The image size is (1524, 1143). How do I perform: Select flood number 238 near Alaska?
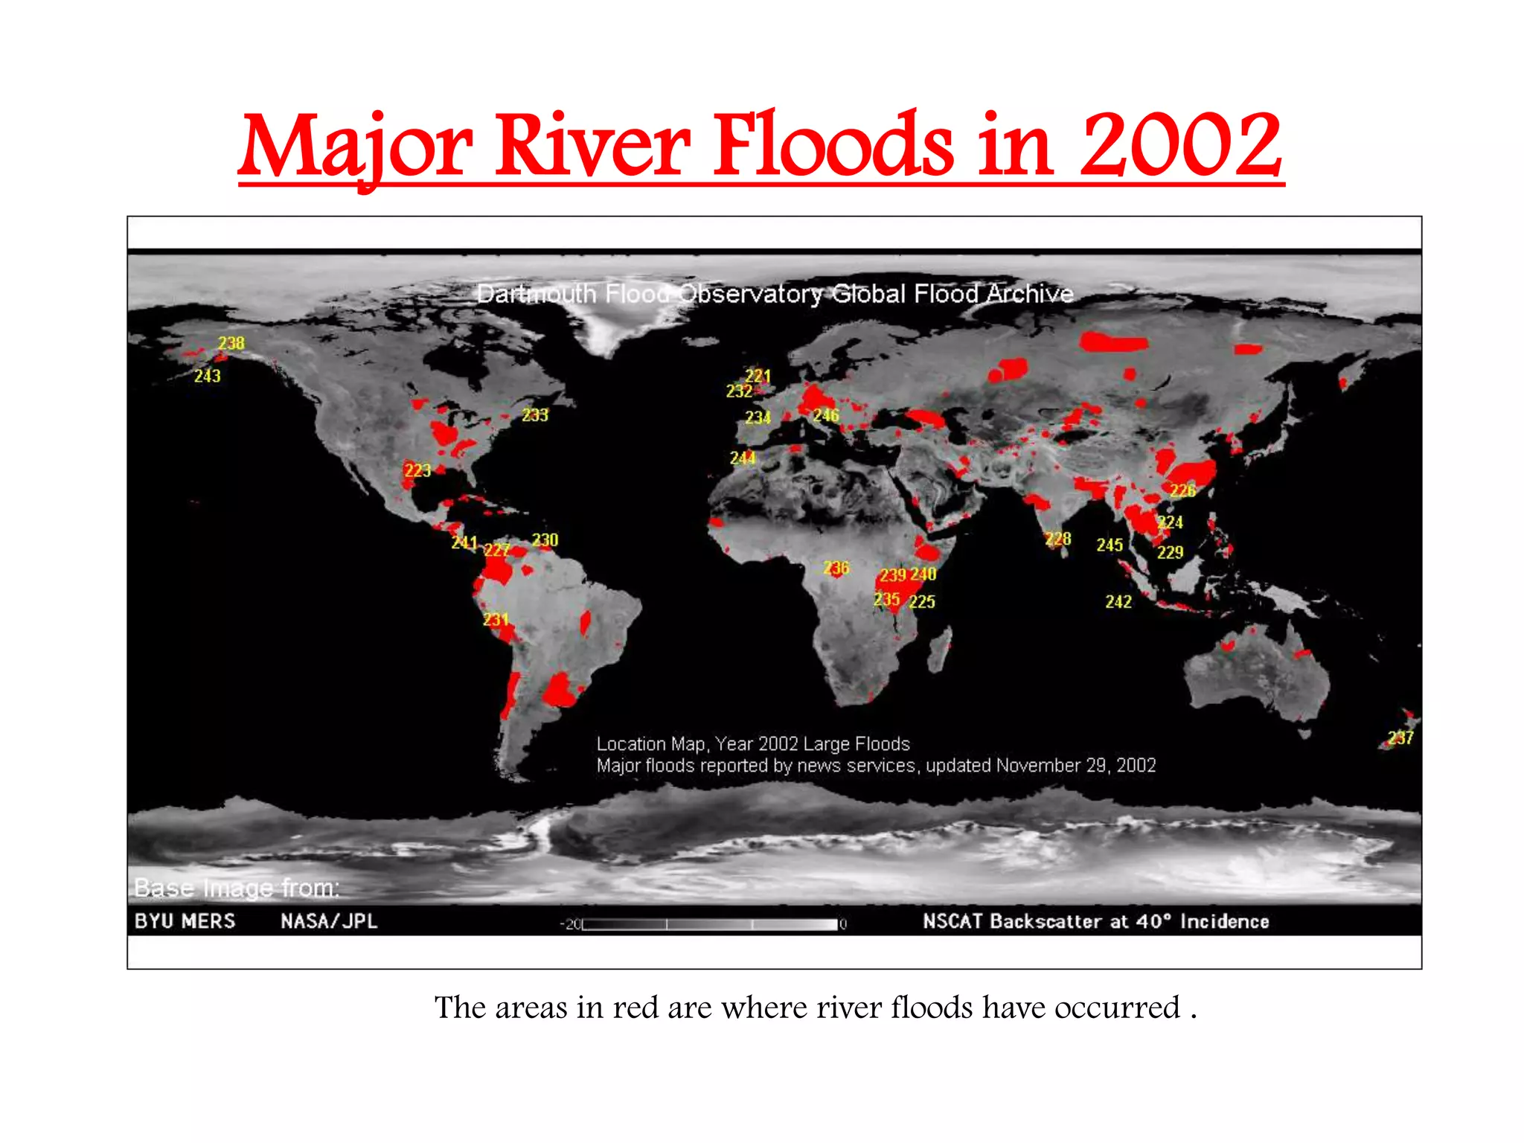(231, 343)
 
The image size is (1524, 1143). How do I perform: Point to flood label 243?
(207, 376)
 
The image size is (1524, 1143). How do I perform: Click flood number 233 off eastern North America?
(534, 415)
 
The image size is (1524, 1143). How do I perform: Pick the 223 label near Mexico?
(417, 470)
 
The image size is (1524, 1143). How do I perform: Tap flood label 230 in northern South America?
(545, 540)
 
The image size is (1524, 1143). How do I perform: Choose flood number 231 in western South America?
(496, 619)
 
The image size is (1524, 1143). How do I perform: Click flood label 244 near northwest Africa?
(743, 458)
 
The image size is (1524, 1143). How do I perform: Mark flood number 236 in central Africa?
(836, 568)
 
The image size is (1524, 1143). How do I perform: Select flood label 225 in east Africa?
(922, 601)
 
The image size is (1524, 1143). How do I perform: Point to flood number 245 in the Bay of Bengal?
(1109, 545)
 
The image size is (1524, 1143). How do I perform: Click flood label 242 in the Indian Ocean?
(1118, 601)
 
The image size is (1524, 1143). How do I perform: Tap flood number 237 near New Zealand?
(1400, 737)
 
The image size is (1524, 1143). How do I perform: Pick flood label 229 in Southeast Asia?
(1170, 552)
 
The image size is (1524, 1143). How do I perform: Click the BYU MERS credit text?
(185, 921)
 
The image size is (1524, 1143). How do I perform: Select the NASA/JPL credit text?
(329, 921)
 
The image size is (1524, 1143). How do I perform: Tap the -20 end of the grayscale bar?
(571, 925)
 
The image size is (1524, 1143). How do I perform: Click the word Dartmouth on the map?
(536, 294)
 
